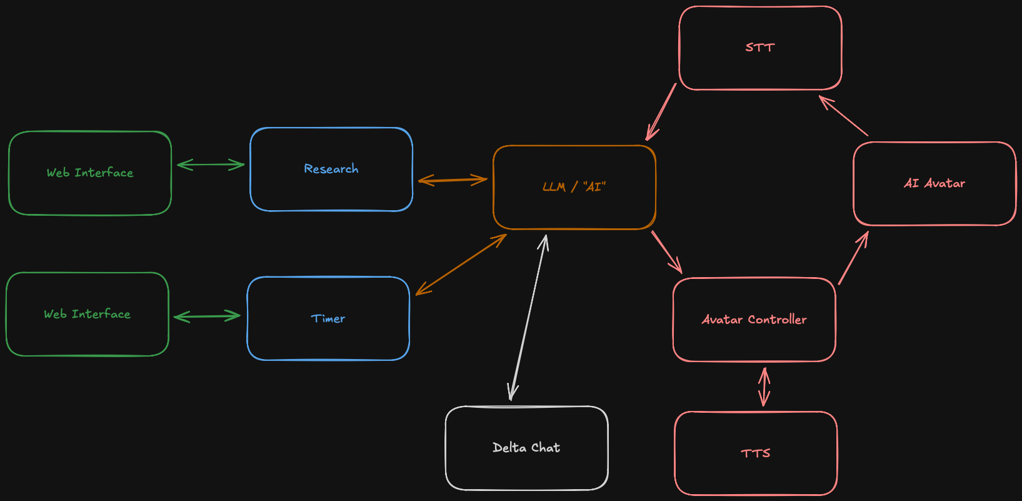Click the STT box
[760, 48]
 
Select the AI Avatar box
[934, 183]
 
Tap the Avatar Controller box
[754, 320]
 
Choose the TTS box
[756, 453]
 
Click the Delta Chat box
[526, 448]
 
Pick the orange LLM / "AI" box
[574, 187]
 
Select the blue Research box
[331, 169]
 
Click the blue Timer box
[328, 318]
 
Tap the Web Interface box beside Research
[90, 173]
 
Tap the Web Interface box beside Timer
[88, 314]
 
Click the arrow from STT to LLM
[661, 112]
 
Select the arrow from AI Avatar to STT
[843, 116]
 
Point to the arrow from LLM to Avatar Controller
[666, 252]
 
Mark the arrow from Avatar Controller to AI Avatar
[853, 258]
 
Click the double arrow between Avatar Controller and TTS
[764, 387]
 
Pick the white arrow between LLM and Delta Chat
[529, 318]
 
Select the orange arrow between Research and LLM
[453, 180]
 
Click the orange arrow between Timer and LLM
[461, 265]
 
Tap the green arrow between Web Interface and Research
[211, 164]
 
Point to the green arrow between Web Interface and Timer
[207, 316]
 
